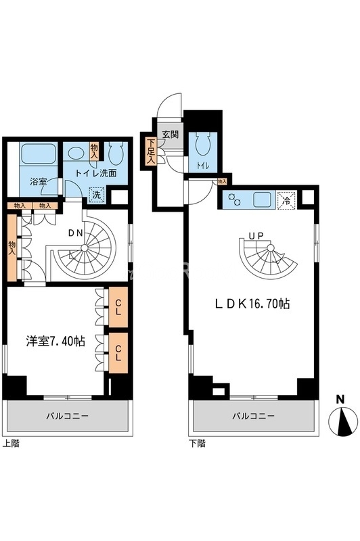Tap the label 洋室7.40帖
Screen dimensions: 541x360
click(x=55, y=342)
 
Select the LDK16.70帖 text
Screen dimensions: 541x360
click(x=254, y=304)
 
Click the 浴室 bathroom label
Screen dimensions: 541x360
click(x=38, y=182)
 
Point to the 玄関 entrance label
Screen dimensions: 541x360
click(x=170, y=134)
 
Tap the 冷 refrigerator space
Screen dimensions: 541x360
click(x=287, y=200)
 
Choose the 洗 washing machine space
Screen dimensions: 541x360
click(x=98, y=194)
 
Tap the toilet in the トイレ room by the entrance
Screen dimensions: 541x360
click(x=202, y=143)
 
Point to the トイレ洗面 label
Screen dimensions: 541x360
click(x=95, y=172)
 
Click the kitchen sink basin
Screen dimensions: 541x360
click(x=261, y=200)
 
